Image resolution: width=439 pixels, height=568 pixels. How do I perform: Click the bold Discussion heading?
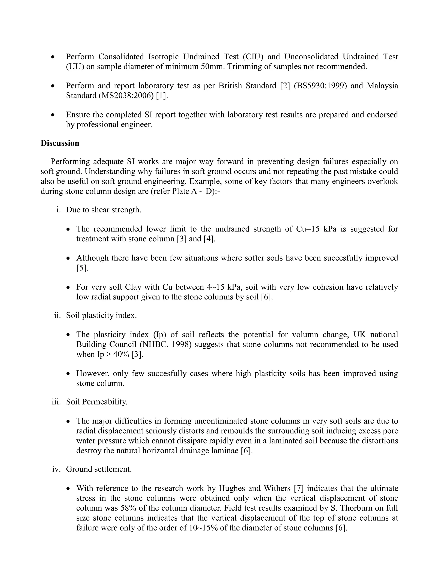(60, 143)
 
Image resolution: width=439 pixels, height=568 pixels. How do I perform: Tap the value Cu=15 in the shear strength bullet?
(308, 229)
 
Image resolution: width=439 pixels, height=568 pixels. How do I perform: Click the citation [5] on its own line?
(82, 268)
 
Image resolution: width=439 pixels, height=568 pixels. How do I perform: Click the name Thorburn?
(356, 508)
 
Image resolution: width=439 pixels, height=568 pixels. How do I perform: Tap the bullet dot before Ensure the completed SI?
(53, 115)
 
